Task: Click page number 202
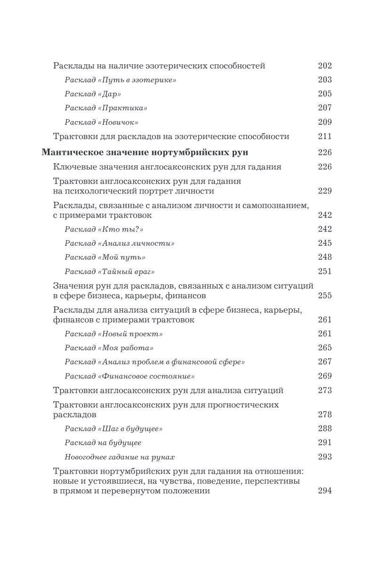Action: [325, 66]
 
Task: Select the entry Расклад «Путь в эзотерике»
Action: [120, 80]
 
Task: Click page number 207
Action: [325, 108]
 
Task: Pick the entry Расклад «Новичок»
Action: [101, 122]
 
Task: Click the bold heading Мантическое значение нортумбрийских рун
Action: [145, 153]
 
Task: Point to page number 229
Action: [325, 191]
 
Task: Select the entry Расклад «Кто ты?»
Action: [104, 229]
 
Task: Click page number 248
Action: [325, 257]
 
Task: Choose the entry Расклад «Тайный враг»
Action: [110, 272]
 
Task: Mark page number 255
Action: [325, 296]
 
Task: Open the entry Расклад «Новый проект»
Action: [113, 334]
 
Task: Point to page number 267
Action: [325, 362]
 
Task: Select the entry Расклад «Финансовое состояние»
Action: [130, 376]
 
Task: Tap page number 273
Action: [325, 390]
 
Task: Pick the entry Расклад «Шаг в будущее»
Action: [113, 429]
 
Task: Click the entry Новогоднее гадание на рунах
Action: [120, 457]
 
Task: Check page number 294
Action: [325, 491]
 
